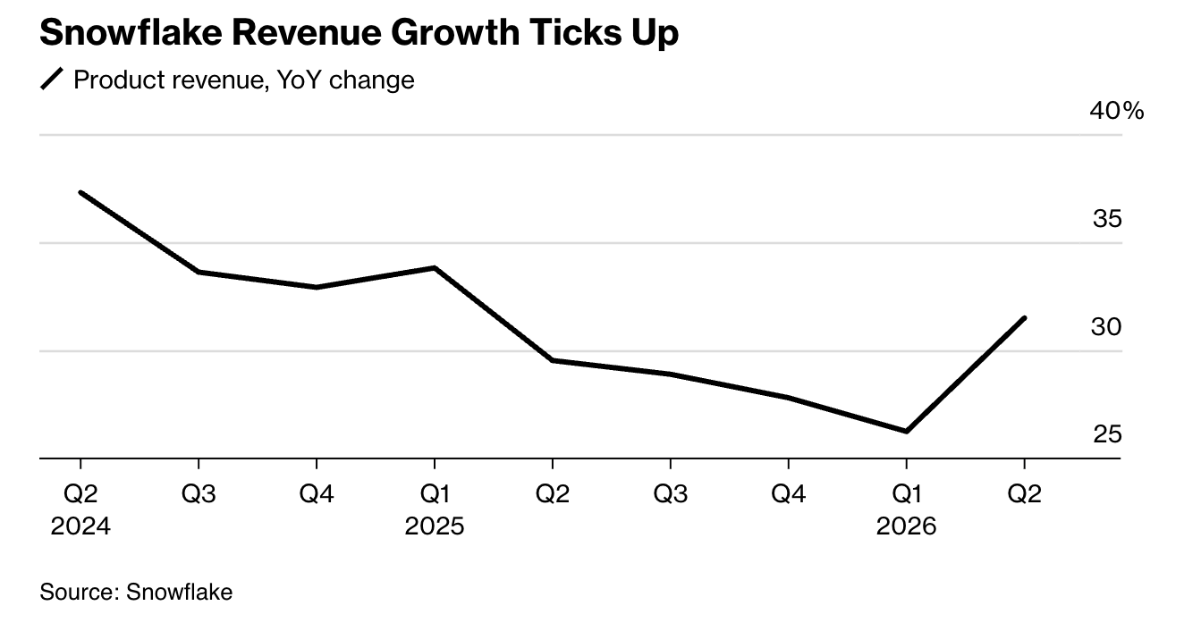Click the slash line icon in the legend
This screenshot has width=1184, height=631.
53,80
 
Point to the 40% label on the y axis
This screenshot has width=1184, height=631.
1116,111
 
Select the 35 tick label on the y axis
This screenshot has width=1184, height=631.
1106,219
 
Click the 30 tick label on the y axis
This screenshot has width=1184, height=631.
1106,327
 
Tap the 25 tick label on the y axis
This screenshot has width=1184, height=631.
1106,434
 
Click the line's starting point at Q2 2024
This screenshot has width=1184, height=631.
80,192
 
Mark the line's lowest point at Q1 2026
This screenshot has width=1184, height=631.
907,431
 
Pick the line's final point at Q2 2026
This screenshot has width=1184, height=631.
1024,318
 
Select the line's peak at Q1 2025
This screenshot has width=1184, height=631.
435,267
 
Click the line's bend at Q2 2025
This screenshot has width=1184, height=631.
553,360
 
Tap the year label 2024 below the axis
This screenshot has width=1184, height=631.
80,526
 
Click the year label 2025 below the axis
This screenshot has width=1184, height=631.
435,526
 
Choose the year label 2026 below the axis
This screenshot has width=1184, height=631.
907,526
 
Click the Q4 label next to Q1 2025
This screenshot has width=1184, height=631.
317,494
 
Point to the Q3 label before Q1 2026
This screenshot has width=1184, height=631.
671,494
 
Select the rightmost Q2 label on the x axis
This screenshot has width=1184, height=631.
1024,494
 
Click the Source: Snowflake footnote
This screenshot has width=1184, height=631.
136,592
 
